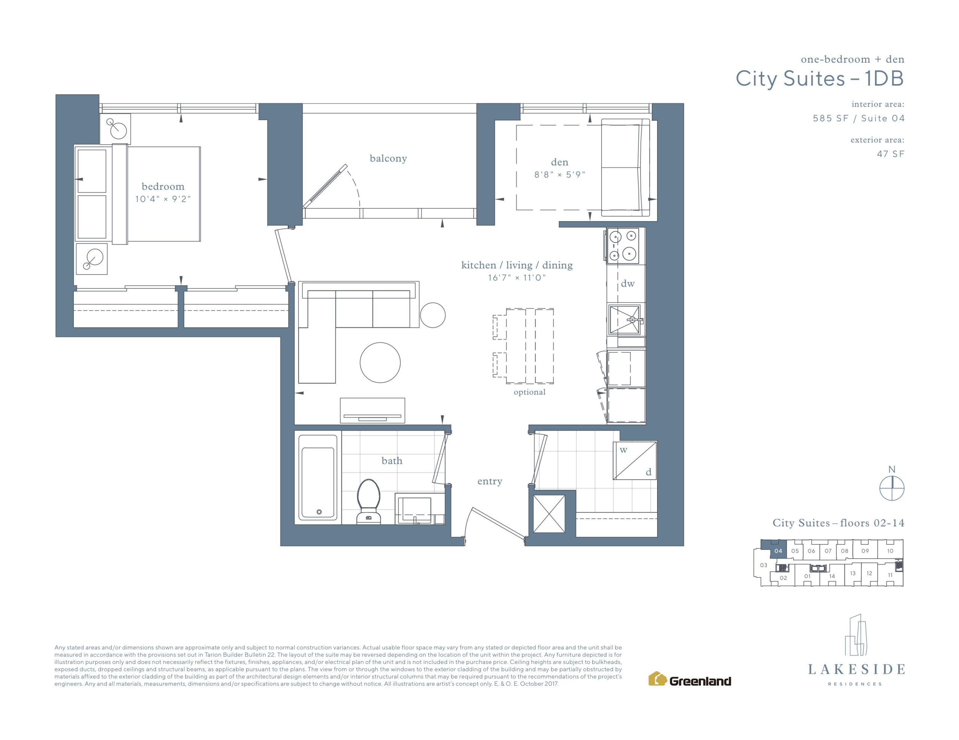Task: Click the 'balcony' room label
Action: (388, 158)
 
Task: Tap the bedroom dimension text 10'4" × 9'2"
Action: (163, 199)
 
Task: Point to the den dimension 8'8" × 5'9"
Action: (559, 175)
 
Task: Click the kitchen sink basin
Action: (625, 320)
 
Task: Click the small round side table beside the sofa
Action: (433, 315)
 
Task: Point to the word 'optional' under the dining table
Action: (530, 392)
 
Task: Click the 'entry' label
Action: (490, 481)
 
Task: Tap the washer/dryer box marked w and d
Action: (635, 461)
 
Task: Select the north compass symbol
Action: (892, 488)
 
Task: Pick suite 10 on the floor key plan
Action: (890, 551)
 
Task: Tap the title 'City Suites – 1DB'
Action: (820, 79)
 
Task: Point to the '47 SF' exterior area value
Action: (890, 154)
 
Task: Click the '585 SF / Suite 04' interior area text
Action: (859, 119)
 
